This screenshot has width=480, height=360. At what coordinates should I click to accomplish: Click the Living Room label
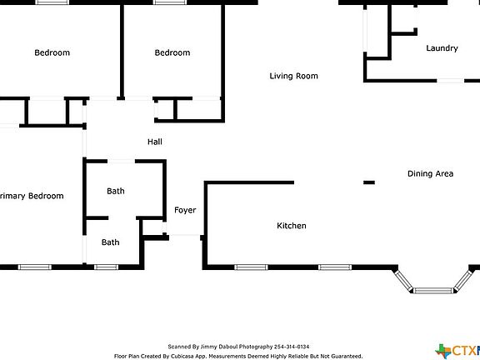(293, 76)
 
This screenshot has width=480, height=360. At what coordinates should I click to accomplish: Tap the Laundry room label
(442, 48)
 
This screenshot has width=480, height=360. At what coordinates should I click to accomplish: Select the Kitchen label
(291, 226)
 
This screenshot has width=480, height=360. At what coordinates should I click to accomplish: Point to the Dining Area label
(430, 173)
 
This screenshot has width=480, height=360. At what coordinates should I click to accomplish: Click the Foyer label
(185, 210)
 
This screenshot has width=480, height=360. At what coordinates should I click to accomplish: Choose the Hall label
(155, 142)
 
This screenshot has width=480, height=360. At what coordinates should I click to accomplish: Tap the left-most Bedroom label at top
(52, 52)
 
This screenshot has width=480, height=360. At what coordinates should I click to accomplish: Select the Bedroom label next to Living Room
(172, 52)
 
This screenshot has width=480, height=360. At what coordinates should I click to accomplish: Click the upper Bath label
(115, 191)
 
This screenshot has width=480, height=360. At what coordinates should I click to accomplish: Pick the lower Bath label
(110, 242)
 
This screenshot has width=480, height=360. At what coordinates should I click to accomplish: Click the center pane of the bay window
(432, 291)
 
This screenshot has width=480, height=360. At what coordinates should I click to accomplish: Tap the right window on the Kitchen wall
(334, 267)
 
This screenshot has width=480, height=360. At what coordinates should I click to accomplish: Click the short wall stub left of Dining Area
(369, 182)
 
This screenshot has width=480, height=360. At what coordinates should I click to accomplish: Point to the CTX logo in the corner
(457, 350)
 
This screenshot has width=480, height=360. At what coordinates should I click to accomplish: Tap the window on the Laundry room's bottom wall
(451, 81)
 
